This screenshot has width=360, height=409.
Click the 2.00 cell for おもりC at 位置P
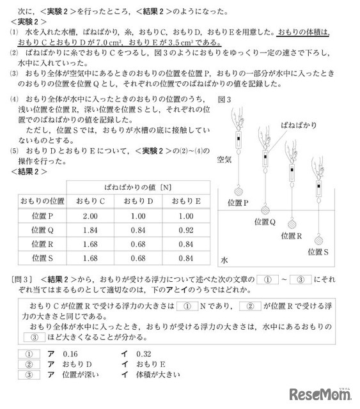90,216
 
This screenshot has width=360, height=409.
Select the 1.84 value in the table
90,229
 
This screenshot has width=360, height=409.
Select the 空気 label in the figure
225,159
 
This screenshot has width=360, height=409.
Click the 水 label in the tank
224,261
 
